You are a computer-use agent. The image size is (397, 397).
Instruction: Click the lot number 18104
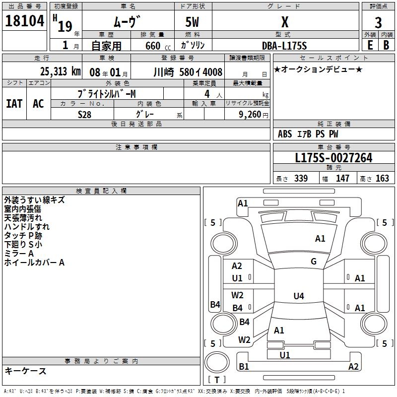(x=25, y=21)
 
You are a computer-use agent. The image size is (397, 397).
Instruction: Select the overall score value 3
(x=378, y=22)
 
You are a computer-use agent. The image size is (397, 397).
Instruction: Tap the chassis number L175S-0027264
(x=333, y=158)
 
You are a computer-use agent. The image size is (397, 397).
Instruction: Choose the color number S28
(x=85, y=114)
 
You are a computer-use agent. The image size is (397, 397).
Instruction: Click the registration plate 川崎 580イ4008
(x=189, y=72)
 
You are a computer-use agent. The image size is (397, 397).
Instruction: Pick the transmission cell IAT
(x=14, y=103)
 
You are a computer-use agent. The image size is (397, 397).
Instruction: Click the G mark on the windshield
(x=314, y=262)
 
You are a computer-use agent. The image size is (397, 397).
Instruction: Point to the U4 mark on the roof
(x=298, y=296)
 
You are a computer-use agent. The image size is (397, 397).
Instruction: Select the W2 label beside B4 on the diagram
(x=237, y=295)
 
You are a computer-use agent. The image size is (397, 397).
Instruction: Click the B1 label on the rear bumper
(x=244, y=367)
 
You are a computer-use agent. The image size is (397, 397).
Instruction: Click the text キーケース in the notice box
(x=25, y=371)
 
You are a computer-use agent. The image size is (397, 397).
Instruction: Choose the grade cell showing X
(x=285, y=22)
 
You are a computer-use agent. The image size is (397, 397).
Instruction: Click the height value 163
(x=382, y=179)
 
